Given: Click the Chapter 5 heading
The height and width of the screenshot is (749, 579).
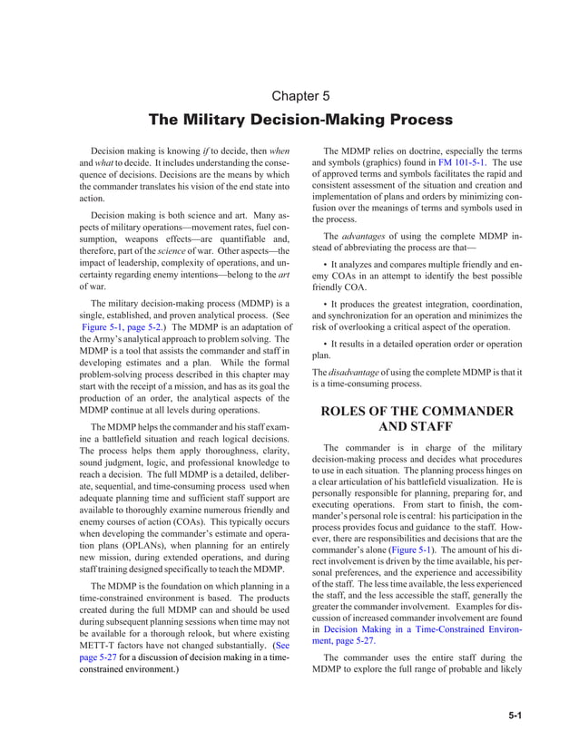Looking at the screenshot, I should click(x=300, y=95).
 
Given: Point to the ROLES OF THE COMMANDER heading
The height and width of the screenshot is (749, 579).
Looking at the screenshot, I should click(x=417, y=411).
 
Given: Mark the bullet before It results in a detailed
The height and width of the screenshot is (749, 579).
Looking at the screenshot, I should click(x=326, y=344).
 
